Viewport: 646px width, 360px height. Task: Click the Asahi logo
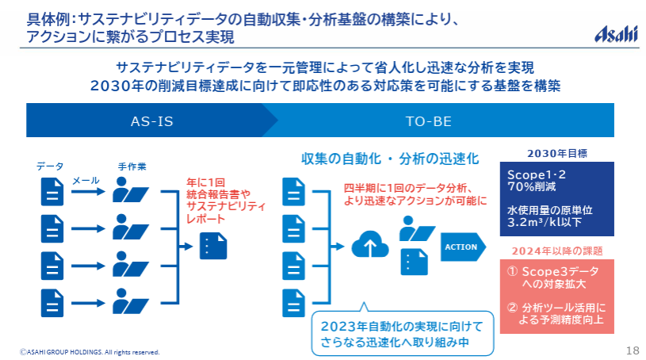[x=616, y=33]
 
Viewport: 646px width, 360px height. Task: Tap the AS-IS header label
[x=151, y=122]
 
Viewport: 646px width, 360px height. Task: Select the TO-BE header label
[x=428, y=122]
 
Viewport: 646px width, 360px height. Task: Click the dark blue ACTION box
[x=461, y=247]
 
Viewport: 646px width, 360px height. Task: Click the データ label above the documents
[x=50, y=167]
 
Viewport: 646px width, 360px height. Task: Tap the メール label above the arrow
[x=86, y=181]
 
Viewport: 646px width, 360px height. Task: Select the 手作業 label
[x=132, y=167]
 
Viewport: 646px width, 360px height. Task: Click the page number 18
[x=632, y=350]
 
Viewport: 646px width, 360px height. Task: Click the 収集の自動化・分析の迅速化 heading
[x=390, y=158]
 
